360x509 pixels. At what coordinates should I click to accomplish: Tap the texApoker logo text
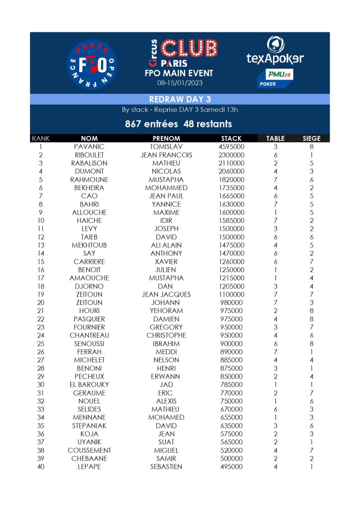(x=275, y=58)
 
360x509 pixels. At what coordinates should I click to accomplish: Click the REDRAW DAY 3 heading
(x=180, y=100)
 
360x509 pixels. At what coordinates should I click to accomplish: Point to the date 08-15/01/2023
(x=179, y=83)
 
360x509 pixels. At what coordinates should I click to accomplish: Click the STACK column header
(x=231, y=138)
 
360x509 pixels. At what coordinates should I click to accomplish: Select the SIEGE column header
(x=312, y=138)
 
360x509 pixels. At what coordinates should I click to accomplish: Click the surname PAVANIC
(x=89, y=147)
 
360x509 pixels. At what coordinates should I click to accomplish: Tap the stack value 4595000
(x=231, y=147)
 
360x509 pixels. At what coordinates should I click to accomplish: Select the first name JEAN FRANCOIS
(x=166, y=155)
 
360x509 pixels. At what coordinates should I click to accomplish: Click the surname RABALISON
(x=89, y=163)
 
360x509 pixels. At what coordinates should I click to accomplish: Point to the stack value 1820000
(x=231, y=180)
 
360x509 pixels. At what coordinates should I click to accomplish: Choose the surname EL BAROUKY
(x=89, y=385)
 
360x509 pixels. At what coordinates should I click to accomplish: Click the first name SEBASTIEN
(x=166, y=467)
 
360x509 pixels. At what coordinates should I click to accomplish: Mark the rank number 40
(x=40, y=467)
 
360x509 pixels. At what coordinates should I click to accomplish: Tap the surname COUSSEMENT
(x=89, y=450)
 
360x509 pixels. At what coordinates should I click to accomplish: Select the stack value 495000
(x=231, y=467)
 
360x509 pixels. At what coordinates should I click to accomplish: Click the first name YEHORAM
(x=166, y=310)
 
